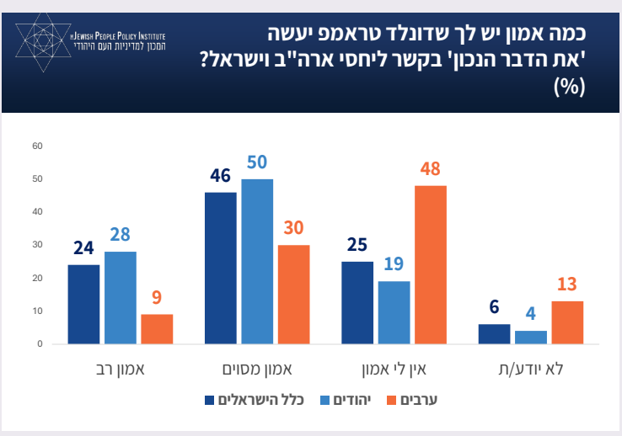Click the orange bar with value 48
430,264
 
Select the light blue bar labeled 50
257,261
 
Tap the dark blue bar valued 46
221,268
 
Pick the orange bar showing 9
157,329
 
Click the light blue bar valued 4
531,337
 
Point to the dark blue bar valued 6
494,334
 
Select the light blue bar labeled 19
394,312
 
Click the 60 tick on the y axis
36,146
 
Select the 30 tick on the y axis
36,245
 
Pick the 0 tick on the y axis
39,344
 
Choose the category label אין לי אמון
394,368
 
